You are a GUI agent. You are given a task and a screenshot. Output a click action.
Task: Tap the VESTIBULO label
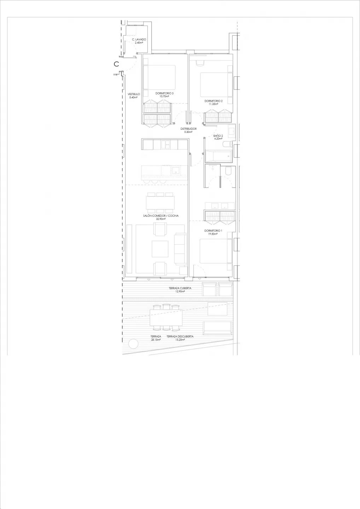coord(134,94)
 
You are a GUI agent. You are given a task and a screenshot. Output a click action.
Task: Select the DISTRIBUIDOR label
coord(188,129)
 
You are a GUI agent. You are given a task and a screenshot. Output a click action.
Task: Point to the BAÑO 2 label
coord(218,136)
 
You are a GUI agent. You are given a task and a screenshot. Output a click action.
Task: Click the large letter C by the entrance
coord(116,64)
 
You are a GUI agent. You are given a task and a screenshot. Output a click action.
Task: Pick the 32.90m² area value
coord(161,219)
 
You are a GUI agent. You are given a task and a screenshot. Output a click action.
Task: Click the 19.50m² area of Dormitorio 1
coord(213,234)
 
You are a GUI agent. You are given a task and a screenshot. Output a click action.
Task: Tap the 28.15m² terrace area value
coord(156,340)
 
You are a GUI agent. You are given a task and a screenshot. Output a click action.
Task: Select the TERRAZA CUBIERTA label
coord(180,288)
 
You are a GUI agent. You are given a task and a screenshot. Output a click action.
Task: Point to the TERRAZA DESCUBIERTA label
coord(180,337)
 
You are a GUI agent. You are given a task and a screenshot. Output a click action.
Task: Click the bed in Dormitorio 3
coord(159,77)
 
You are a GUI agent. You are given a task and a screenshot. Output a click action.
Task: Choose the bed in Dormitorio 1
coord(216,251)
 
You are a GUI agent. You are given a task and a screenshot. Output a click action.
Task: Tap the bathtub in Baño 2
coord(219,156)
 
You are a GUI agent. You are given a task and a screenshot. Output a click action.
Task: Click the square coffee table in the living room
coord(160,249)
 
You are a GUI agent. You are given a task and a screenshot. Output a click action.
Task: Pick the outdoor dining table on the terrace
coord(166,317)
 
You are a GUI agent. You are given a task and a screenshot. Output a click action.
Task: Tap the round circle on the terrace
coord(133,344)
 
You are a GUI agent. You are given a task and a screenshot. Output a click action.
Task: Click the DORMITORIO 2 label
coord(213,101)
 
